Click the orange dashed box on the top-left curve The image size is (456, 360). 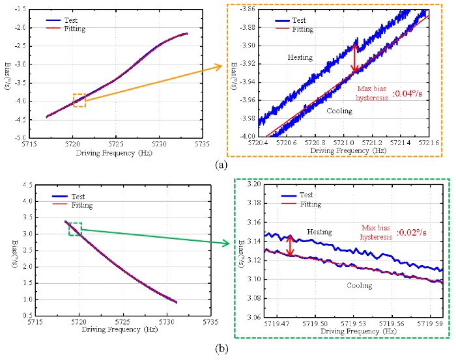click(x=79, y=100)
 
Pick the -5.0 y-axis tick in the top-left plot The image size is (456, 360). click(x=34, y=137)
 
